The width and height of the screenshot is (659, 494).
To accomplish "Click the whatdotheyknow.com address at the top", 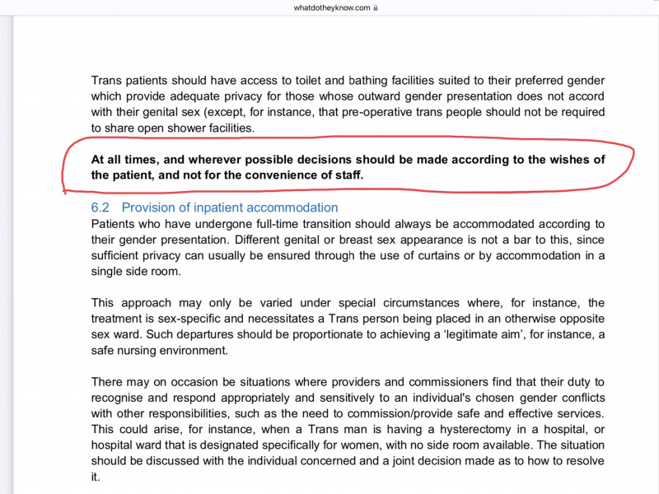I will (332, 8).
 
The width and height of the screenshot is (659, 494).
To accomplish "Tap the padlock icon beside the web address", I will (376, 8).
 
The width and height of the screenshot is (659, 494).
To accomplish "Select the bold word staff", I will (348, 175).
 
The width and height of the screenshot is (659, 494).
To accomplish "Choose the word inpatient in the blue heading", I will (225, 207).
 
